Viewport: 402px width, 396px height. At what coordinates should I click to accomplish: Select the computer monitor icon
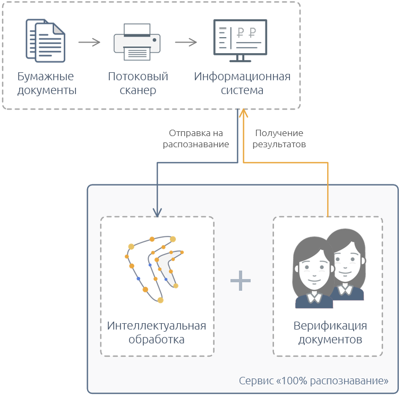click(241, 40)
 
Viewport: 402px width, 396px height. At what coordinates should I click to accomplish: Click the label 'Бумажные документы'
click(47, 83)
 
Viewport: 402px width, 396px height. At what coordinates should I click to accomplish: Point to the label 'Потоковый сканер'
click(138, 83)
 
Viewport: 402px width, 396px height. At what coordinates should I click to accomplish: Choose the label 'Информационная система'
click(242, 83)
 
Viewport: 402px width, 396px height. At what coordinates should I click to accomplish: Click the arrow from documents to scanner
click(89, 42)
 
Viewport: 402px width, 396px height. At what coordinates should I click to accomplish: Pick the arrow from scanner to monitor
click(186, 42)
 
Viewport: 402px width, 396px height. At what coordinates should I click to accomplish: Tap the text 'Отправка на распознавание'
click(196, 139)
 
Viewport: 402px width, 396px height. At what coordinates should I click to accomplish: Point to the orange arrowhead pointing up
click(243, 113)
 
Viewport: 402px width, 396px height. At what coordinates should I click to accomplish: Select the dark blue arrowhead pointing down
click(157, 212)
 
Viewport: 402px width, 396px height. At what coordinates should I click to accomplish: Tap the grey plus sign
click(241, 280)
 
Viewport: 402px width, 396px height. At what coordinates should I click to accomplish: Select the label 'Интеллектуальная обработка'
click(157, 332)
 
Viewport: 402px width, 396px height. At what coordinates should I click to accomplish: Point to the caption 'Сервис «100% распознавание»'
click(313, 381)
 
